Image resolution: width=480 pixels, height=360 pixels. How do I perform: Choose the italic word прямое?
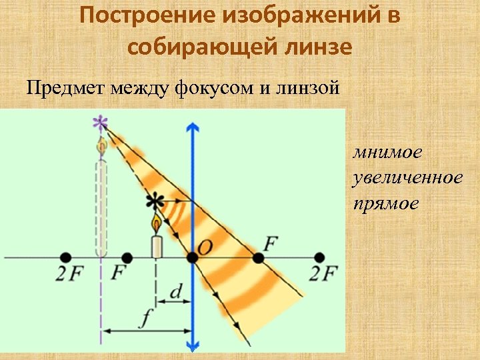coord(386,203)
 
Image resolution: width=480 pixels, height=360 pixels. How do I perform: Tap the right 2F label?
coord(324,274)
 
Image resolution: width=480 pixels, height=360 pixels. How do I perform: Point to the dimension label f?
coord(145,319)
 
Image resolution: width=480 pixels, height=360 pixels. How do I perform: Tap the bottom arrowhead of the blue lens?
coord(193,345)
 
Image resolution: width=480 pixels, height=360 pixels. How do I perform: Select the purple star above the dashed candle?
coord(100,123)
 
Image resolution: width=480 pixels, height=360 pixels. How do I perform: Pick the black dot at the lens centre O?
coord(193,257)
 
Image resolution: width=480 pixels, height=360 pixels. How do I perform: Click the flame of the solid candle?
coord(156,222)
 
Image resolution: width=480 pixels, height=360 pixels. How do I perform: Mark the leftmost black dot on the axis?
coord(65,257)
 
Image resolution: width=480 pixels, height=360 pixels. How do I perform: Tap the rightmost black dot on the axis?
coord(319,257)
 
